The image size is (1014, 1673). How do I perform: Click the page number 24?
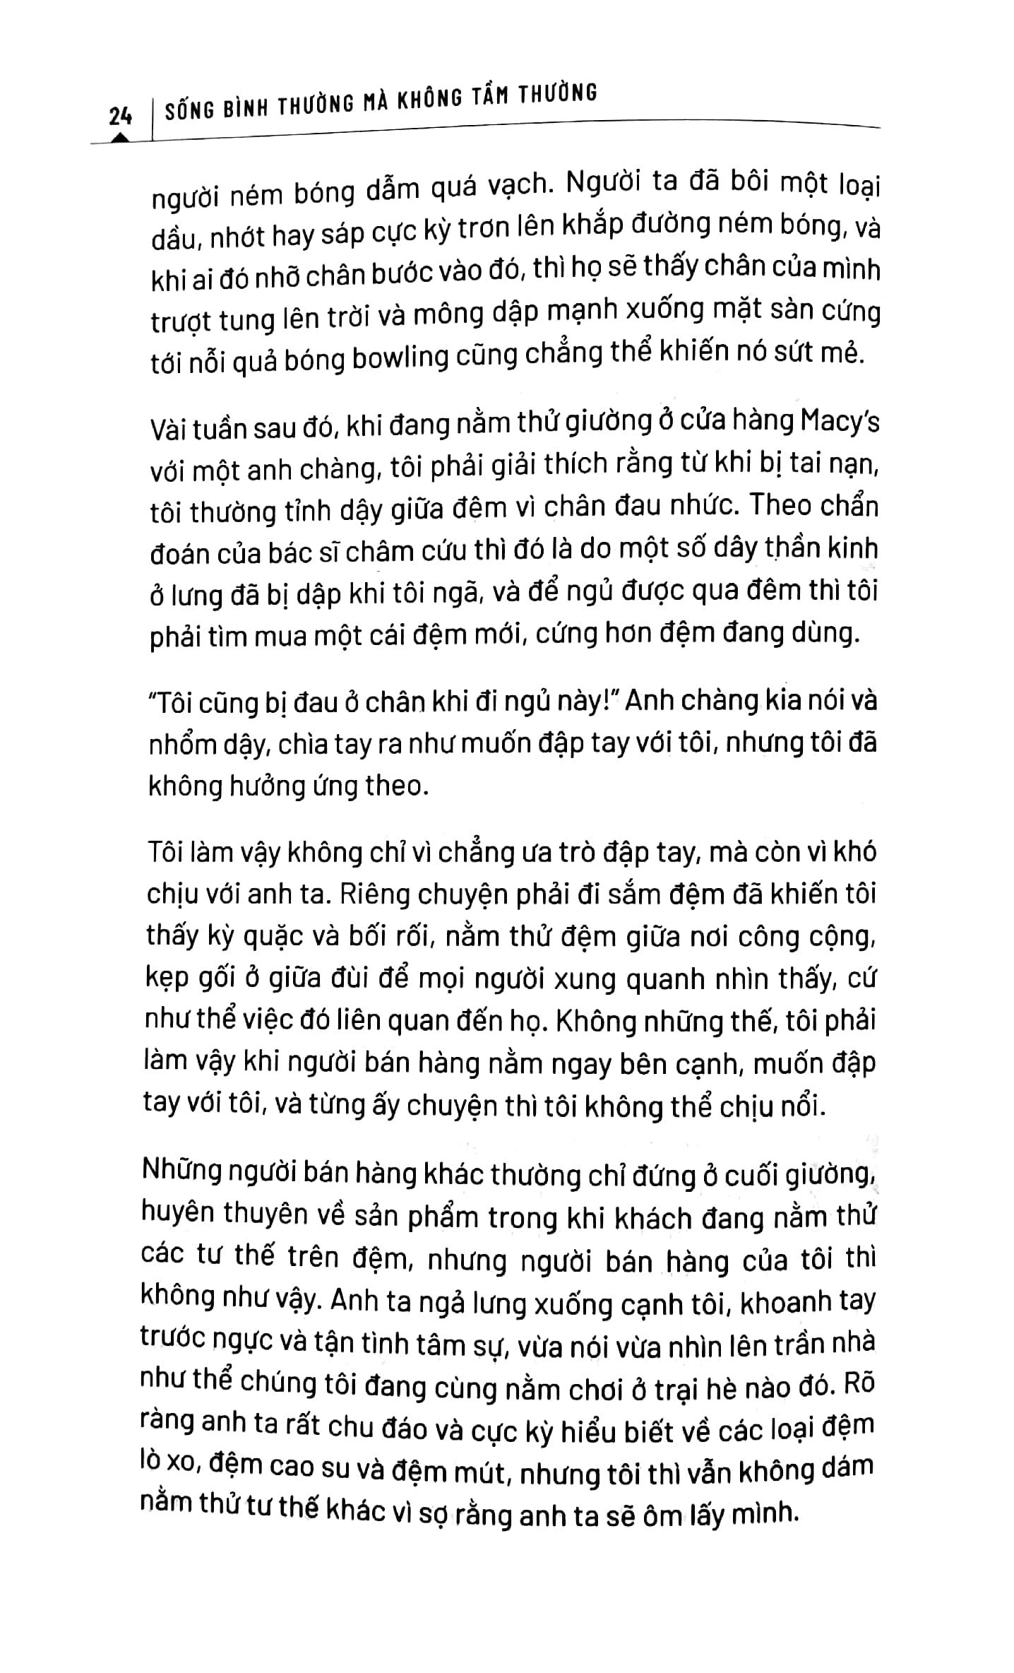(x=121, y=114)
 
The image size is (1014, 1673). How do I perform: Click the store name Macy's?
(x=841, y=423)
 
